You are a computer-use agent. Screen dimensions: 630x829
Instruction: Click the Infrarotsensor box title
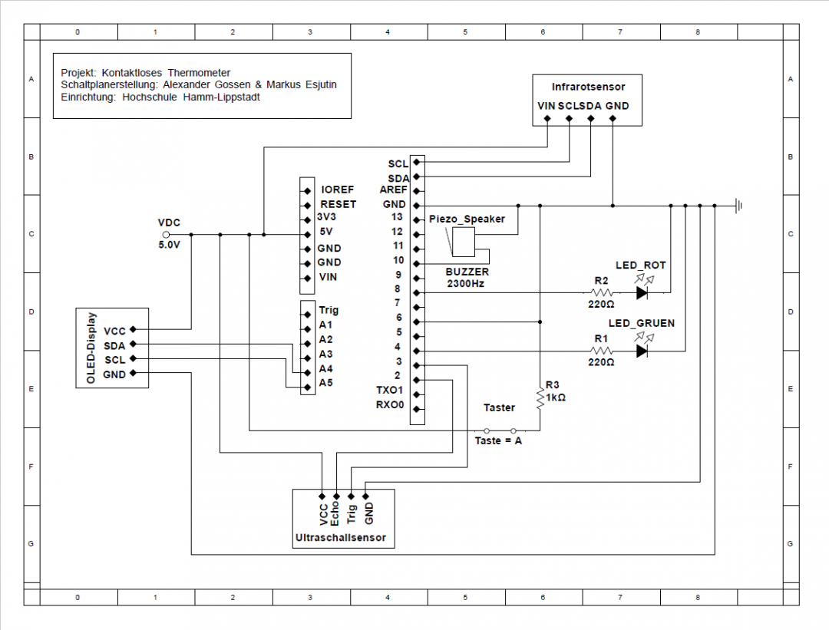pyautogui.click(x=588, y=87)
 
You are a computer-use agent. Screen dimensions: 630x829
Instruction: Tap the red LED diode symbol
pyautogui.click(x=642, y=292)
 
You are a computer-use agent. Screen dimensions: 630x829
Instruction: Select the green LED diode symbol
pyautogui.click(x=642, y=351)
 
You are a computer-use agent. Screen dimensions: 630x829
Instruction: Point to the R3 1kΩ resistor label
pyautogui.click(x=554, y=391)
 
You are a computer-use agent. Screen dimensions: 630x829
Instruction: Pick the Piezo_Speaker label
pyautogui.click(x=467, y=219)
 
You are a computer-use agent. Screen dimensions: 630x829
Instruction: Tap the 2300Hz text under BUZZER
pyautogui.click(x=467, y=283)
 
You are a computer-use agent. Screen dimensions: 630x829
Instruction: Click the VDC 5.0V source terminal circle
pyautogui.click(x=167, y=234)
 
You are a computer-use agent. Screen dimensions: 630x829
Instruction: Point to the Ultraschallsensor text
pyautogui.click(x=340, y=539)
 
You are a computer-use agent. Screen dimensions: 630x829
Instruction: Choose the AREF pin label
pyautogui.click(x=395, y=190)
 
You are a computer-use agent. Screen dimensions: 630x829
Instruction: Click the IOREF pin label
pyautogui.click(x=338, y=190)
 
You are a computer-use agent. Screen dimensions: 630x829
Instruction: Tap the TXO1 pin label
pyautogui.click(x=389, y=391)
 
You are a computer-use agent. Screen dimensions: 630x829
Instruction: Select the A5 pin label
pyautogui.click(x=326, y=382)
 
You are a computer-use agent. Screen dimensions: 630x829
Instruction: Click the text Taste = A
pyautogui.click(x=498, y=441)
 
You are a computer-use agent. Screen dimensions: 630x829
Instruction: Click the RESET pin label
pyautogui.click(x=339, y=204)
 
